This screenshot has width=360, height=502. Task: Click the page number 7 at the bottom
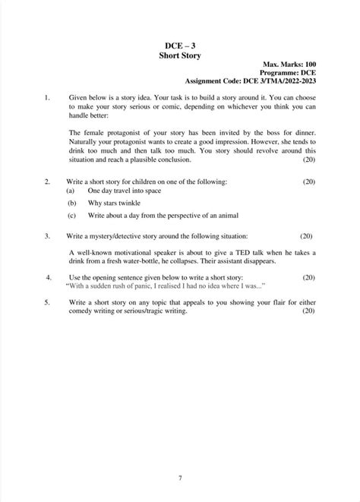[179, 478]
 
